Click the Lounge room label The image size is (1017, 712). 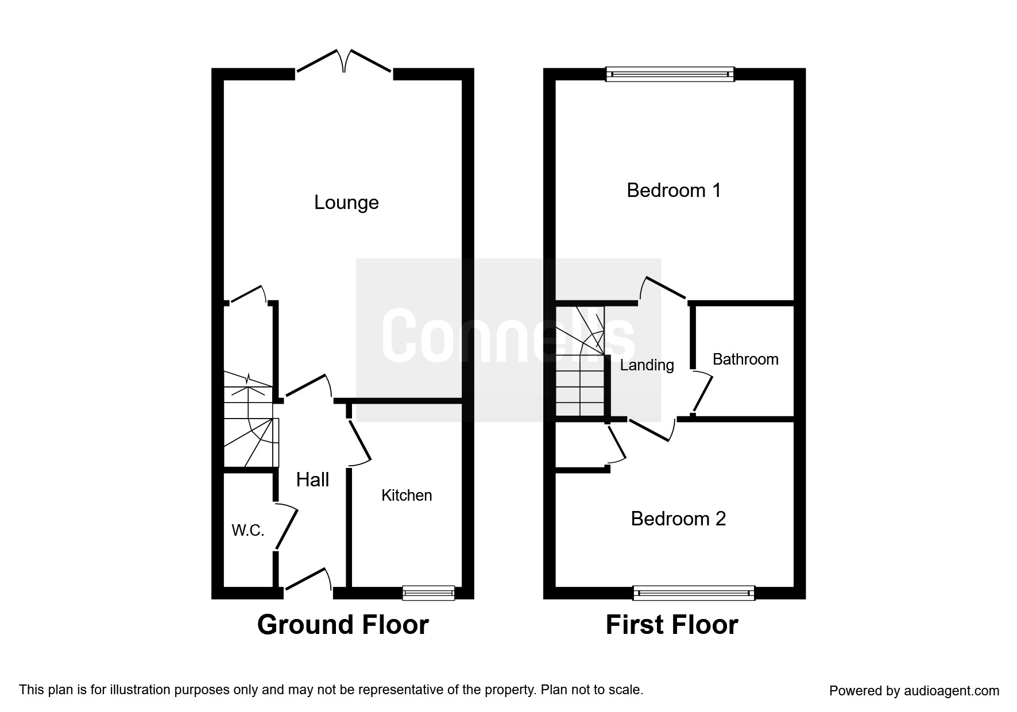(346, 203)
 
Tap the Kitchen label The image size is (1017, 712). (407, 496)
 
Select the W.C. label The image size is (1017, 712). (248, 531)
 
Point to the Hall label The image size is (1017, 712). (312, 479)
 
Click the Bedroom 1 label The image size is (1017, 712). (674, 190)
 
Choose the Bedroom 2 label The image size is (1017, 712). (678, 518)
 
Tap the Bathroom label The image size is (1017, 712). (745, 359)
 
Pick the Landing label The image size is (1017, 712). (647, 365)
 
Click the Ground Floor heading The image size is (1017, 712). (343, 625)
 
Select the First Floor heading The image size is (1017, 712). (672, 625)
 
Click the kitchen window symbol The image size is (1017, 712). (428, 593)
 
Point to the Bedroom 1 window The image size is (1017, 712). (671, 74)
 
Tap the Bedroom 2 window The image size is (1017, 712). (694, 593)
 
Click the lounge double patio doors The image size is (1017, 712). (344, 62)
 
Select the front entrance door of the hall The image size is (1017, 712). (308, 579)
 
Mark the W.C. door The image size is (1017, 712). (287, 527)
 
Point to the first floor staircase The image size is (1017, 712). (581, 362)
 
